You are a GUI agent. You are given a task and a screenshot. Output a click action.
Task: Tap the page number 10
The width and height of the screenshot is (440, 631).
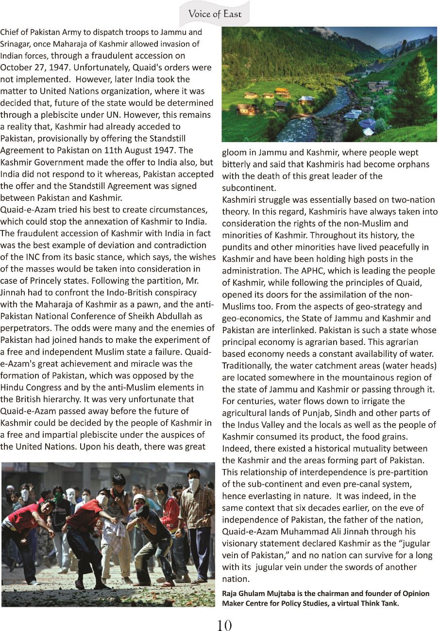(x=224, y=625)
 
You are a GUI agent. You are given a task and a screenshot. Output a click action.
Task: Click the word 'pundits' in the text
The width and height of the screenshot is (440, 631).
(x=238, y=247)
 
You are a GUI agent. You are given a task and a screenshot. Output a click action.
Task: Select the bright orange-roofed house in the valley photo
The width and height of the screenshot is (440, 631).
(x=282, y=91)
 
